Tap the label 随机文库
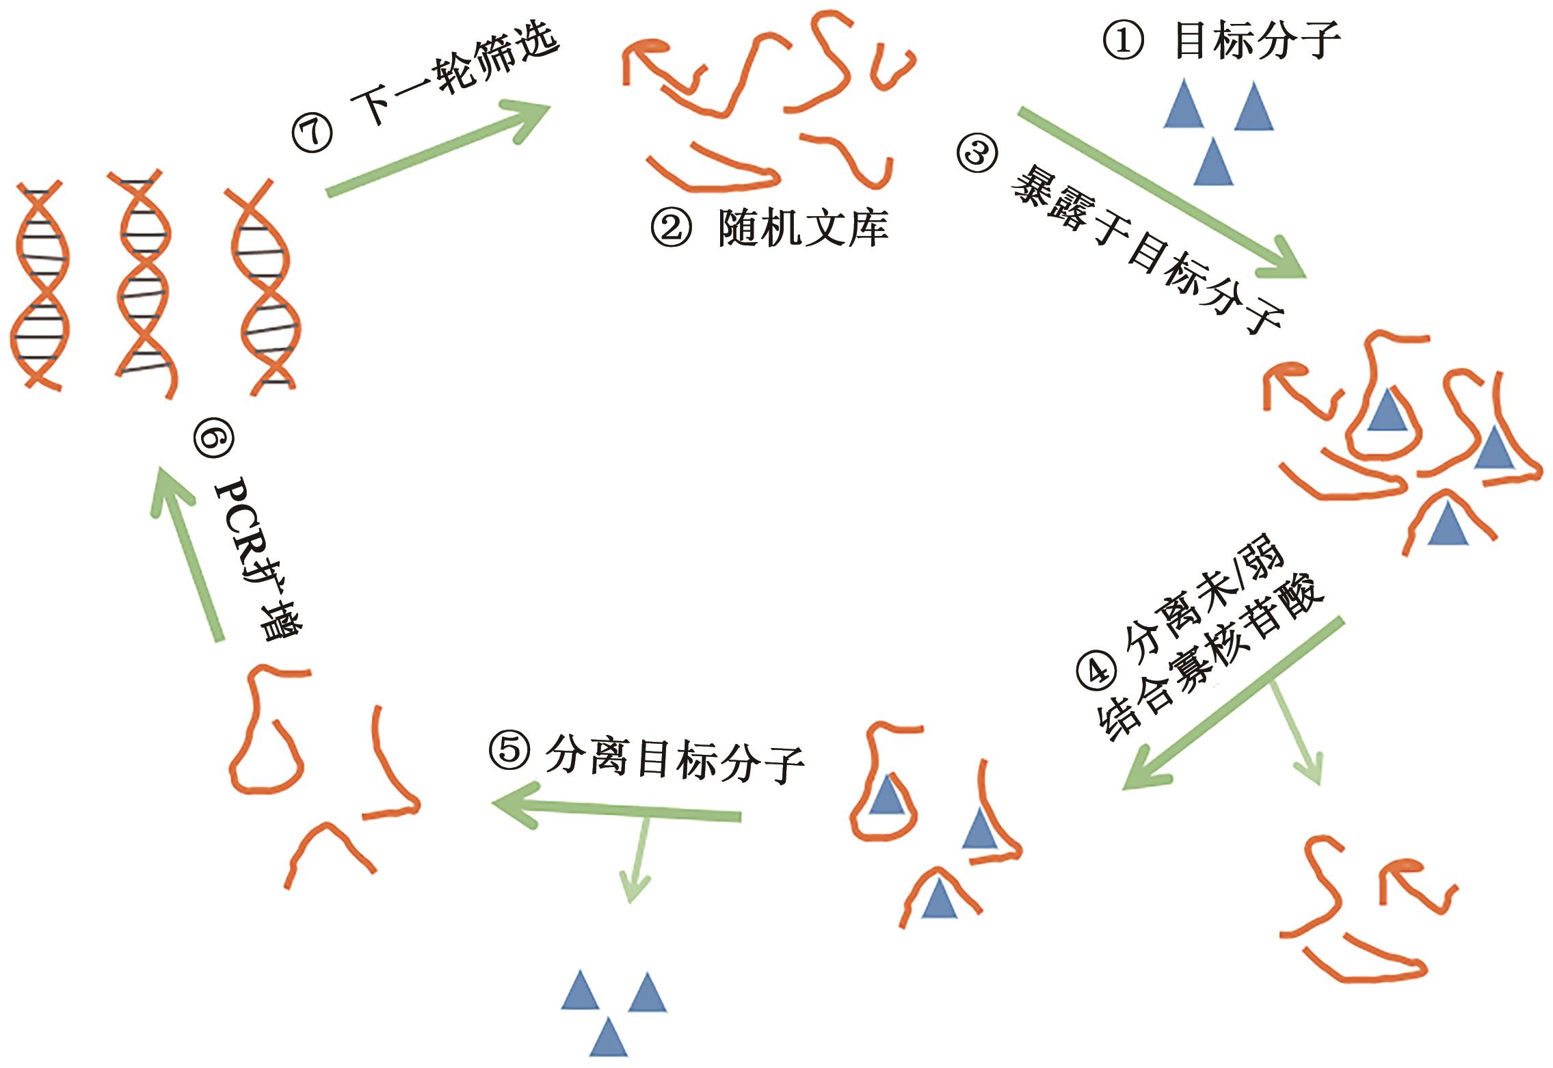803,227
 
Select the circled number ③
976,155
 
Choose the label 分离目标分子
674,762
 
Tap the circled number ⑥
213,440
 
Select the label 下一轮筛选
455,68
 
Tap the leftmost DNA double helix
39,285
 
